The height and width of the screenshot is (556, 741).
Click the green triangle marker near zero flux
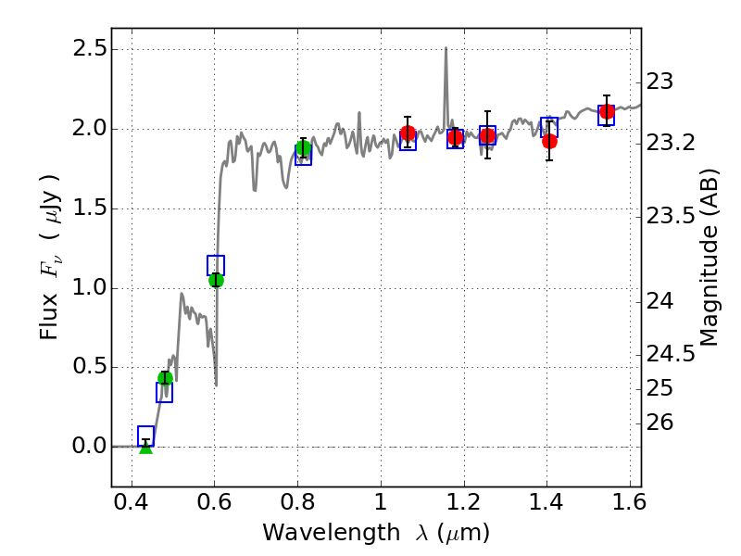click(x=145, y=447)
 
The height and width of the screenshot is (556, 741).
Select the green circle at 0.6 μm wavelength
click(x=216, y=280)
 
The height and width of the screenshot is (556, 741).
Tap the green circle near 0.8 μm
click(x=303, y=148)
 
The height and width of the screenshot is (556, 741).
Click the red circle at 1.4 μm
click(x=549, y=141)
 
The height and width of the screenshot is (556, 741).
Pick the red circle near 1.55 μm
click(x=607, y=112)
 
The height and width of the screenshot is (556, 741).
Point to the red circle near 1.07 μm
click(x=408, y=133)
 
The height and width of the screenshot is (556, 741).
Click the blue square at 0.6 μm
click(x=216, y=265)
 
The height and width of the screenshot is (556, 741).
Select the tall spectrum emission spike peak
click(x=446, y=49)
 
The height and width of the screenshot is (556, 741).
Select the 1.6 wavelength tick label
click(x=629, y=507)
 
